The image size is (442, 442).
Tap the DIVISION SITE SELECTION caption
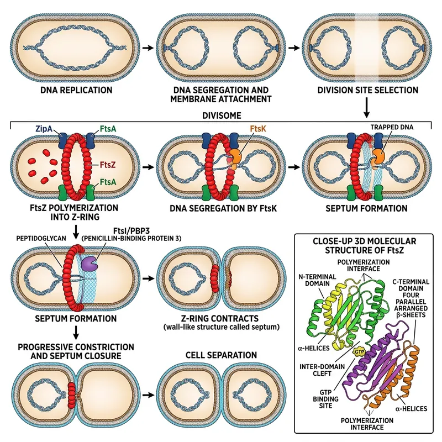point(365,90)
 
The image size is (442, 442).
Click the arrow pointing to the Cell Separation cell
point(148,396)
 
